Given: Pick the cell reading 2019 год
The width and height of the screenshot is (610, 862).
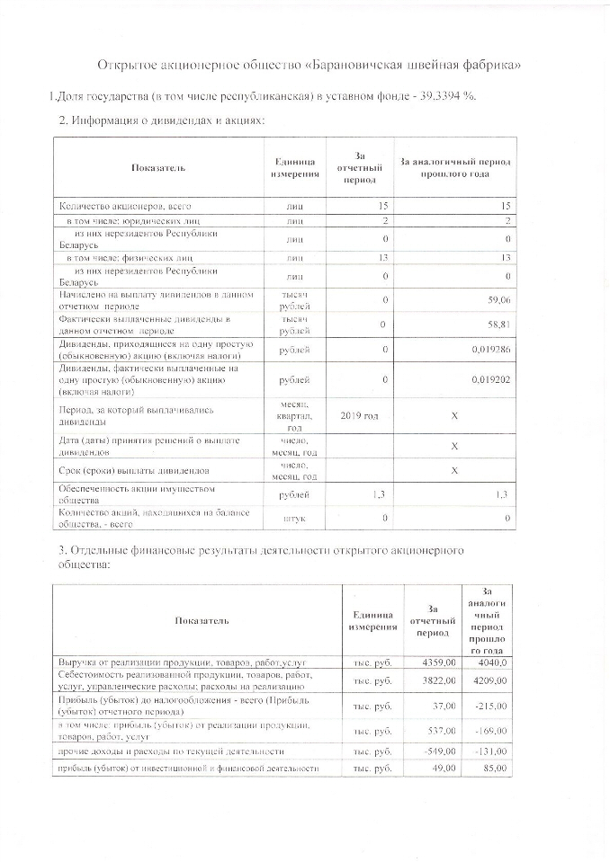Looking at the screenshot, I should tap(360, 416).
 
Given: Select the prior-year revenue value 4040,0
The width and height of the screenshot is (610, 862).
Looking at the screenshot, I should tap(490, 662).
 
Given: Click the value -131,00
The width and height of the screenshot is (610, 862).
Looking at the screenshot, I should tap(491, 751).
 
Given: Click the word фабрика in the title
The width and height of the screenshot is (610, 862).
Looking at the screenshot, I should tap(486, 67).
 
